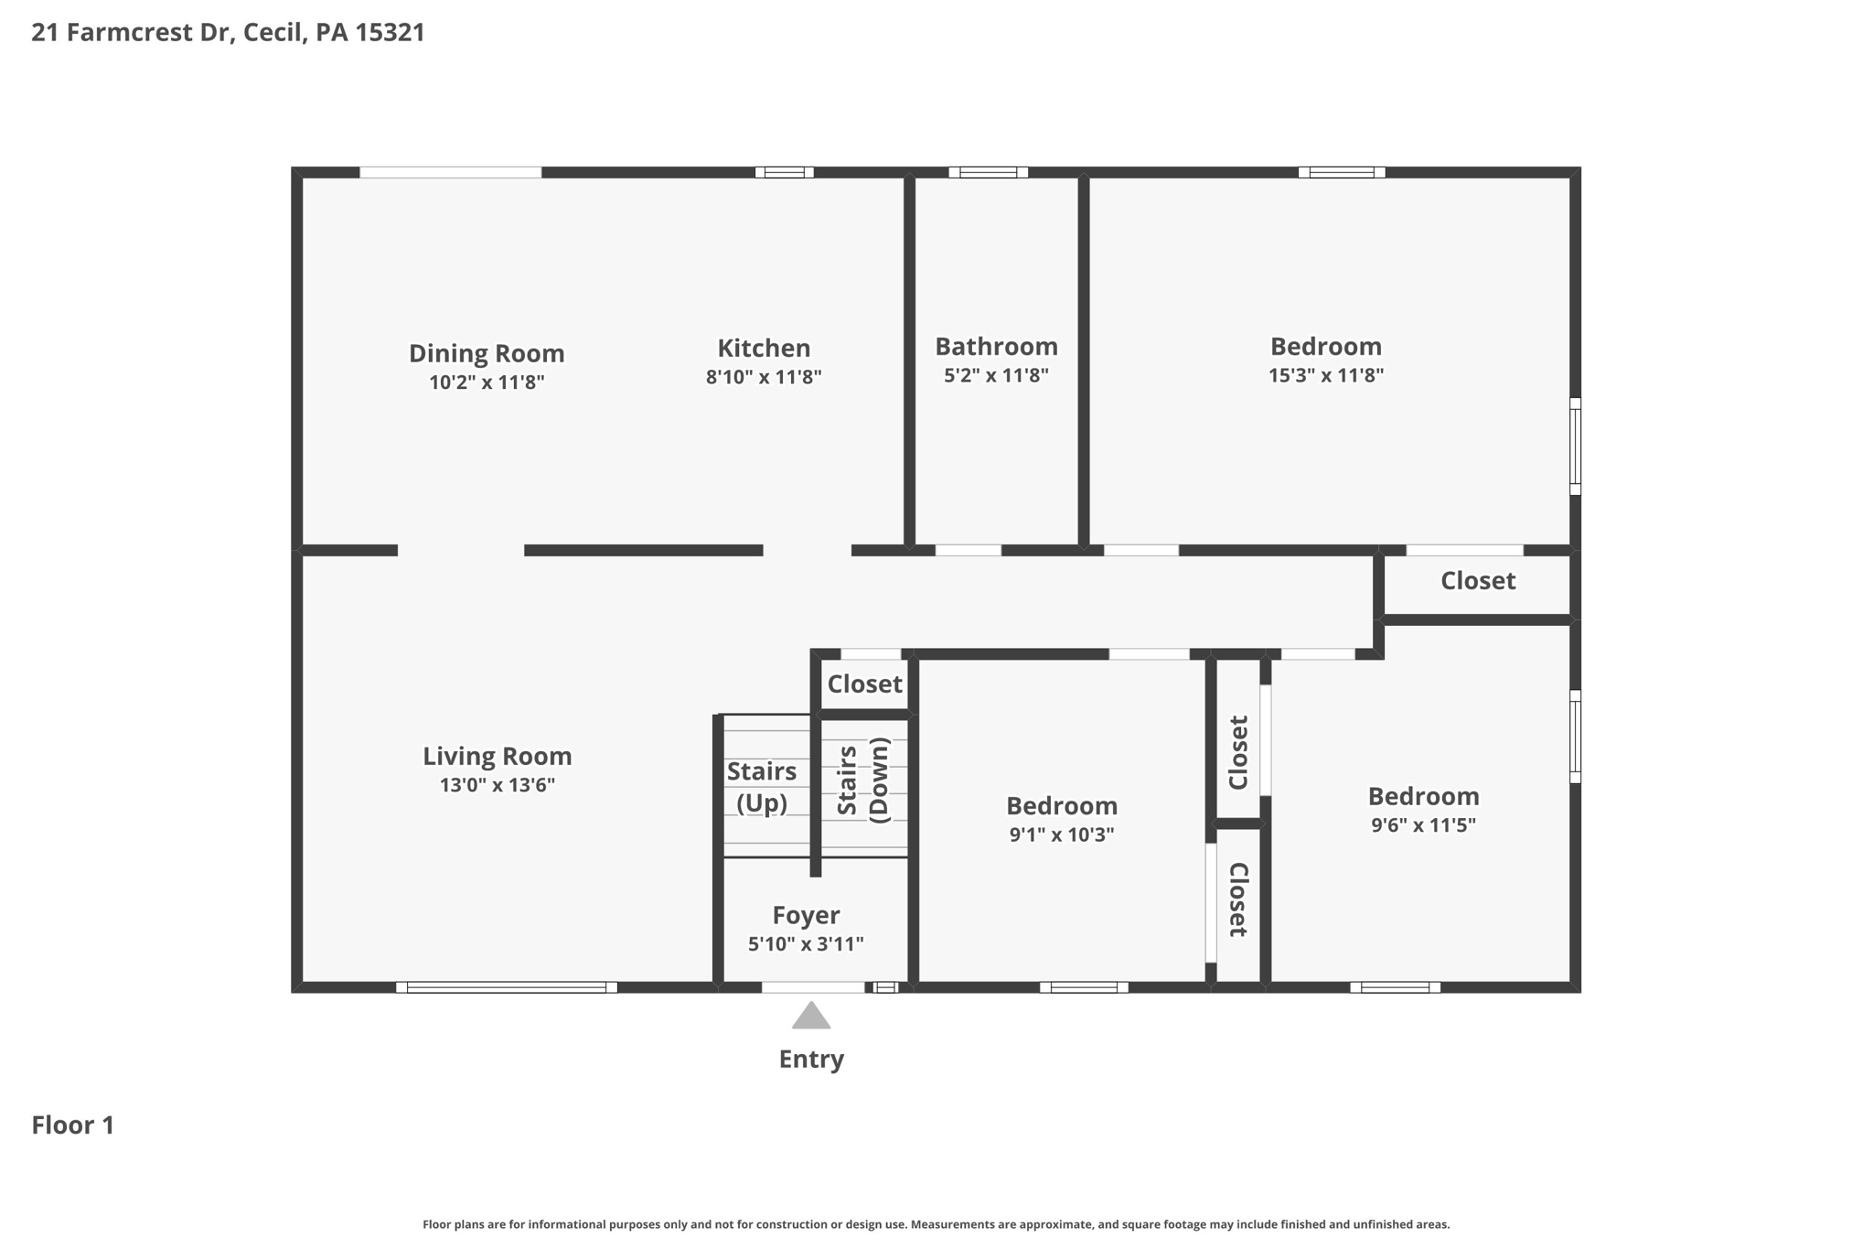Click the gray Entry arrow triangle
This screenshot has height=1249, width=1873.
[810, 1017]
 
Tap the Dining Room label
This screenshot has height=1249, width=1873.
[486, 353]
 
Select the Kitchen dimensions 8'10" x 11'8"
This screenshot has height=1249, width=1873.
[764, 377]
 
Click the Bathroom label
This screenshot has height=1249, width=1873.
[996, 347]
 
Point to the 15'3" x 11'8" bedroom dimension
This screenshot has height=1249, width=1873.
[1325, 375]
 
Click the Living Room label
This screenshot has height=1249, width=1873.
[497, 756]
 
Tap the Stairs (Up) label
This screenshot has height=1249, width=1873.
[762, 787]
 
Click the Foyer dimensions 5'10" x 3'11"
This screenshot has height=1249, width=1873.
[806, 944]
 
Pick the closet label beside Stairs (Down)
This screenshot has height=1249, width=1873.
[864, 684]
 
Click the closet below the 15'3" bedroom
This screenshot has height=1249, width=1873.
[1477, 581]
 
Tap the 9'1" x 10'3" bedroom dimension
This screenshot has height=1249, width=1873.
[1061, 834]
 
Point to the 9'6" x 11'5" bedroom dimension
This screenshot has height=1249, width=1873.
[1423, 825]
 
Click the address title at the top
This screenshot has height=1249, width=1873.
[228, 33]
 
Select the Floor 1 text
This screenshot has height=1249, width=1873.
[73, 1125]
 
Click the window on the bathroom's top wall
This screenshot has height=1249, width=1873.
[988, 172]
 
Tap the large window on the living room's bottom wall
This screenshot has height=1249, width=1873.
[506, 987]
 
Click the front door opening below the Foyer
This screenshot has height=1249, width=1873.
[812, 987]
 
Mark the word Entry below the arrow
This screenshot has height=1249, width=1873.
[810, 1060]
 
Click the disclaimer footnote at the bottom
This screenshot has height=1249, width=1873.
[936, 1224]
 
